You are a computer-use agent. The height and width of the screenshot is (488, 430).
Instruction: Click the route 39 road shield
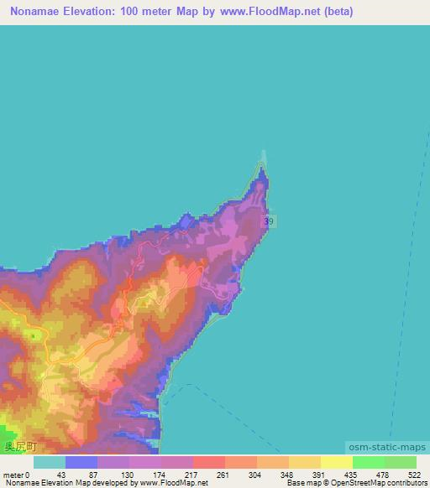point(268,221)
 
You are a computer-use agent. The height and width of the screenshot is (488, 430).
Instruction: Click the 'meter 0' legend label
point(17,474)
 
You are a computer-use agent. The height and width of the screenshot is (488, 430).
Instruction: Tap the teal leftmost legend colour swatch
point(49,462)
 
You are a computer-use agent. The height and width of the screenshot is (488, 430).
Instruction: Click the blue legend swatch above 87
point(81,462)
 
